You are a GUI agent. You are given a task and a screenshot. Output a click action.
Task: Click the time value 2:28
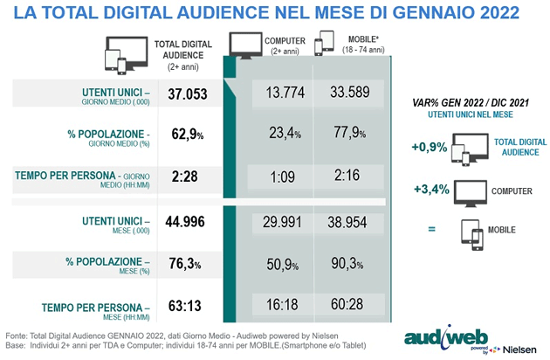pos(185,176)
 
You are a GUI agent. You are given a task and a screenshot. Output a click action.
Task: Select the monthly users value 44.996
pos(185,222)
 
